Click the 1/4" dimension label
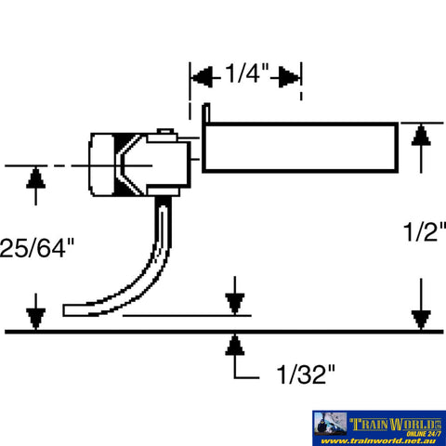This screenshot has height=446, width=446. click(245, 72)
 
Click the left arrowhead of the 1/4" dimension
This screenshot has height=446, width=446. click(197, 73)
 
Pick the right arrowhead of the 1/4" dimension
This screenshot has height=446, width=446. click(294, 73)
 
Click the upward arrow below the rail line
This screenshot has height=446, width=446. click(235, 346)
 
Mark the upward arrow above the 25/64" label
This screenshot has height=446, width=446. click(35, 176)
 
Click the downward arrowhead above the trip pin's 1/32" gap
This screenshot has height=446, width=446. click(235, 305)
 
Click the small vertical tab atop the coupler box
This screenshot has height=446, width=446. click(208, 114)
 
